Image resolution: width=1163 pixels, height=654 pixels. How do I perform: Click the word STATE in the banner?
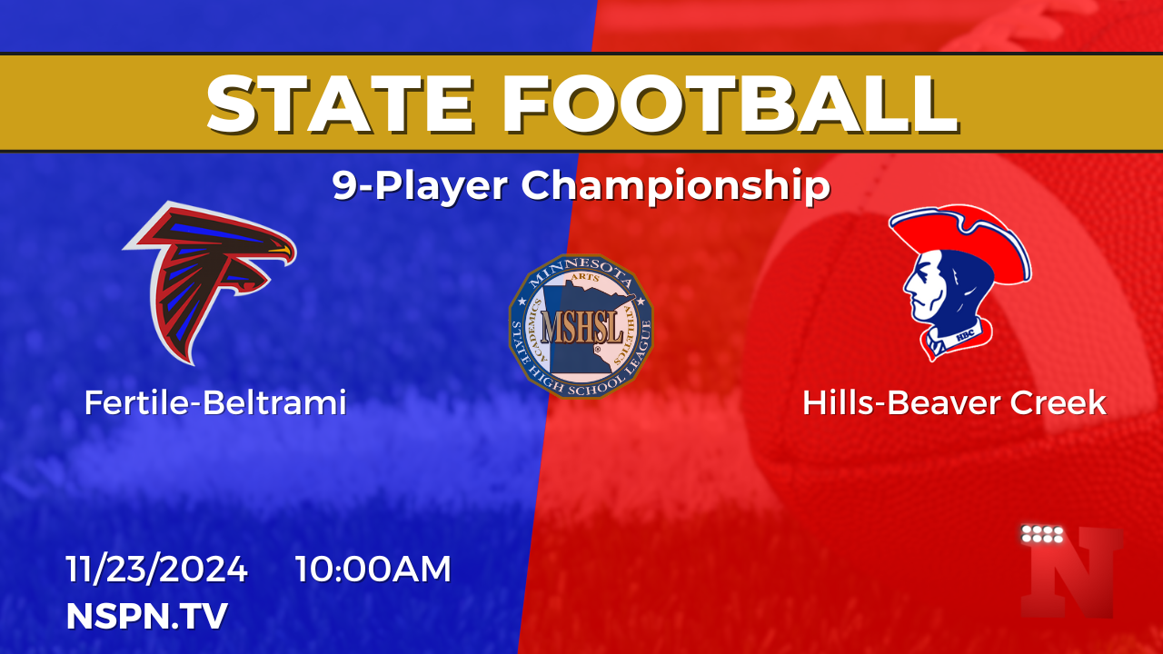point(341,104)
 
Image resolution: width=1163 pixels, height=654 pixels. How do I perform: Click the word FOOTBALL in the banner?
point(731,104)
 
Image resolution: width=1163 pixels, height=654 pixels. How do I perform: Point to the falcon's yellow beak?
point(281,252)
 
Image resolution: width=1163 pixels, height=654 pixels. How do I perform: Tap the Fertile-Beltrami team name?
point(215,402)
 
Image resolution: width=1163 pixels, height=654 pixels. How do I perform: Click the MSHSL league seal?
point(581,326)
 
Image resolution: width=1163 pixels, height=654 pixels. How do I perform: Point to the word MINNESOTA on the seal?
point(581,272)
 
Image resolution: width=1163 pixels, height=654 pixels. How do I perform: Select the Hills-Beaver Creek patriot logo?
point(960,282)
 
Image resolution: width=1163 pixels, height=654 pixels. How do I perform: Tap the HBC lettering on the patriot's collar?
point(965,335)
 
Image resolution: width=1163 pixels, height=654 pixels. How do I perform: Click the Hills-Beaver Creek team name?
point(954,402)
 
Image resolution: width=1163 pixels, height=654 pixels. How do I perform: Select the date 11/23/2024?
point(156,569)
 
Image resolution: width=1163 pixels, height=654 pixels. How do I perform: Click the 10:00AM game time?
point(373,569)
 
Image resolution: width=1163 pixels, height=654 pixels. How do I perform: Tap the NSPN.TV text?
point(147,616)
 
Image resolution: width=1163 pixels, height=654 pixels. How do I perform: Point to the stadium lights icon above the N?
point(1042,533)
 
